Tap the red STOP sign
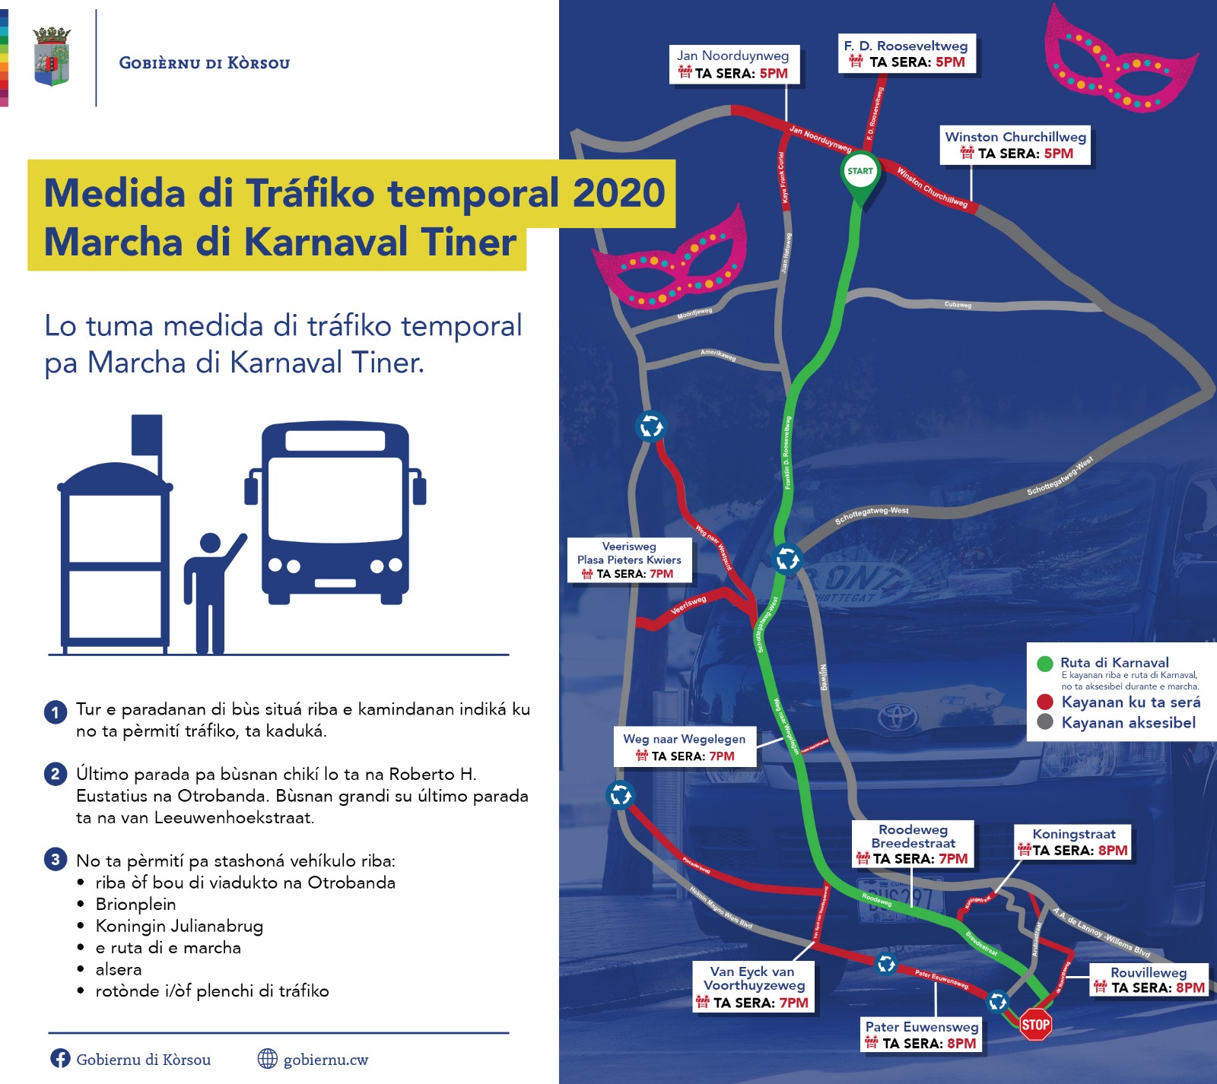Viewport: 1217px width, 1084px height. click(x=1035, y=1025)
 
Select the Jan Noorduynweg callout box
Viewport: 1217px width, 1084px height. click(x=733, y=65)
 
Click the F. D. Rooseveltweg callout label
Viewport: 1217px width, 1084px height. click(x=906, y=54)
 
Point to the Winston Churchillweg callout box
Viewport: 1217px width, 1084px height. click(x=1015, y=145)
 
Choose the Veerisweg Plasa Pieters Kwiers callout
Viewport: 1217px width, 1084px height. click(x=629, y=559)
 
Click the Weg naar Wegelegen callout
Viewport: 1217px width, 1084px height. click(x=685, y=746)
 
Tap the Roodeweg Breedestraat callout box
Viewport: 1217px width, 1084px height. click(x=913, y=844)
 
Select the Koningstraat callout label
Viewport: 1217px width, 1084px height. click(x=1073, y=842)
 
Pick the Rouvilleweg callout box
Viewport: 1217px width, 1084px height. click(x=1149, y=980)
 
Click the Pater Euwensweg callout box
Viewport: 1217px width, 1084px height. click(x=921, y=1035)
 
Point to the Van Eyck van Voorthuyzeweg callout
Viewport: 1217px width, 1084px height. click(x=752, y=987)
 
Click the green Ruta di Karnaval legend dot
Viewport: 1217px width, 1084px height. click(x=1045, y=663)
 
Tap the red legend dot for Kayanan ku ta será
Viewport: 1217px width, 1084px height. click(x=1045, y=702)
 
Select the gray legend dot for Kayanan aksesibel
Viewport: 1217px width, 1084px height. click(x=1045, y=722)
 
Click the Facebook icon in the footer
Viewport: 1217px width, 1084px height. click(x=60, y=1058)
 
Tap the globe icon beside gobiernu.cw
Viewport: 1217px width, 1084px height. click(x=267, y=1058)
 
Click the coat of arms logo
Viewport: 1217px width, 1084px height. click(x=52, y=57)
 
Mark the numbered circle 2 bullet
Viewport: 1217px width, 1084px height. click(x=56, y=774)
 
